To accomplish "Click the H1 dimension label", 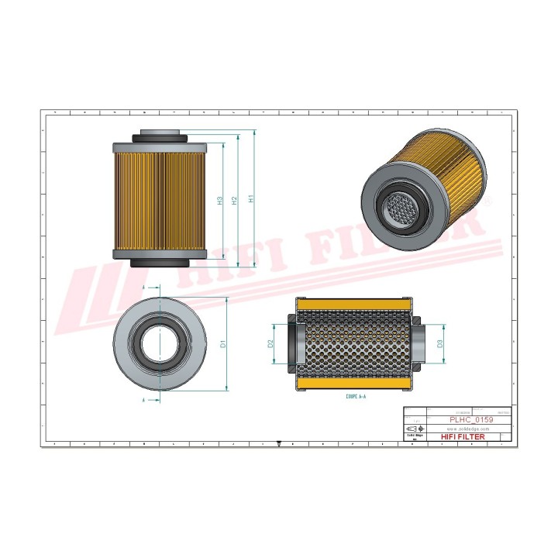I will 250,199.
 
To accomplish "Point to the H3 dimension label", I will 220,200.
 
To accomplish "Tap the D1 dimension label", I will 222,343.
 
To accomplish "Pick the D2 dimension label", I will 270,343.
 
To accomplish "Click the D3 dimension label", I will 439,343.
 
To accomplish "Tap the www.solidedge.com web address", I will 470,428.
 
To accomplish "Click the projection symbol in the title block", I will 415,429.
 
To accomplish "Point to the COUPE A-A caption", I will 356,396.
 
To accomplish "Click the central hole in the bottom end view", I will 160,342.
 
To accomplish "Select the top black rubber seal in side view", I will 160,137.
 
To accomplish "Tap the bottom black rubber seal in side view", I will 160,263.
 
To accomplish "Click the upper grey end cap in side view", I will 160,147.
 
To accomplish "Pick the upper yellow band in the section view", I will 356,304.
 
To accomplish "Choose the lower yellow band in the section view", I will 356,384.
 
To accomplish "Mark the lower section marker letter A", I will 146,400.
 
